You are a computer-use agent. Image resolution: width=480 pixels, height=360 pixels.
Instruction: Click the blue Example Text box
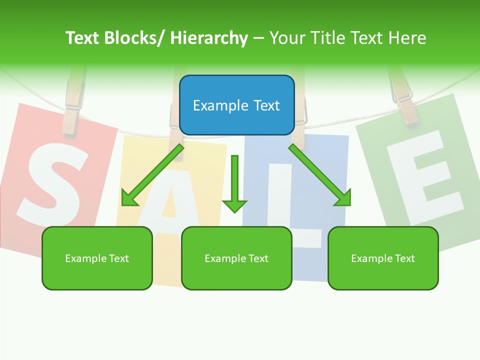pyautogui.click(x=236, y=105)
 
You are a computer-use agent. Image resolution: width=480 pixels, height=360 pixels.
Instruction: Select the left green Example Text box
pyautogui.click(x=97, y=258)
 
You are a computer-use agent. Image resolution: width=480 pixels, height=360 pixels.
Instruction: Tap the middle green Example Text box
pyautogui.click(x=236, y=258)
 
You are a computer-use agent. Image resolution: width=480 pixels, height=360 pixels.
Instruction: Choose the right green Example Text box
pyautogui.click(x=383, y=258)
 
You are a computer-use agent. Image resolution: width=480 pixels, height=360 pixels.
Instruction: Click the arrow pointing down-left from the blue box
pyautogui.click(x=152, y=175)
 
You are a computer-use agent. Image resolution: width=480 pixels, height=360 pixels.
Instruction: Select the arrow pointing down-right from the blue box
pyautogui.click(x=320, y=175)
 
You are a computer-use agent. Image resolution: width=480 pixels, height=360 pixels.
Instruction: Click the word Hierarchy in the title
pyautogui.click(x=209, y=38)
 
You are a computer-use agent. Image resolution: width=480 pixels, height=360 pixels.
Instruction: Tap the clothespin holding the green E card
pyautogui.click(x=402, y=95)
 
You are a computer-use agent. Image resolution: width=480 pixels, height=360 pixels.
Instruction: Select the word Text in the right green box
pyautogui.click(x=404, y=258)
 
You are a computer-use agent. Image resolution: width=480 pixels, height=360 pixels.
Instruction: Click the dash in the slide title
pyautogui.click(x=258, y=38)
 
